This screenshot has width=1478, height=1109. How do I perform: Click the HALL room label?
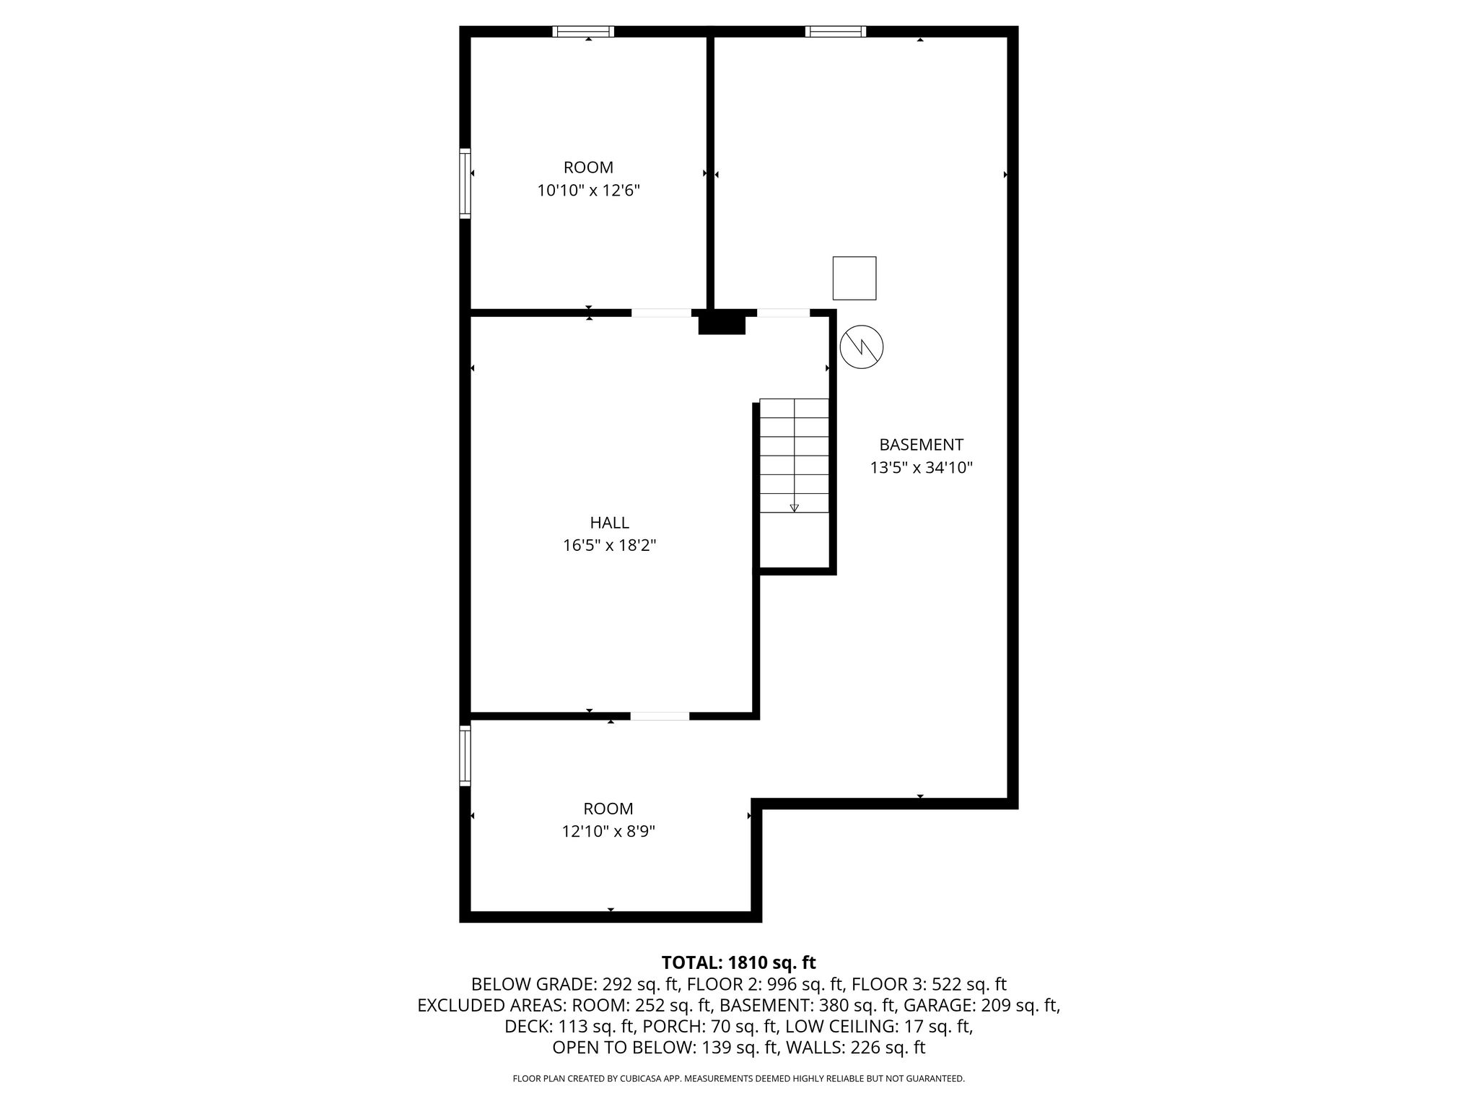(x=609, y=522)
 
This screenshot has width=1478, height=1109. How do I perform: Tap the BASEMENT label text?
(x=921, y=444)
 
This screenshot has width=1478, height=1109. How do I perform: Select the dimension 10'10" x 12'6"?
(x=588, y=191)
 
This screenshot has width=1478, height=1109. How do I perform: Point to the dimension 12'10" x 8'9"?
(x=608, y=832)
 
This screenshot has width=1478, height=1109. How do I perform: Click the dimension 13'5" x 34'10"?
(x=921, y=468)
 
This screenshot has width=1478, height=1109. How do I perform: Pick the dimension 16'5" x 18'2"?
(x=609, y=545)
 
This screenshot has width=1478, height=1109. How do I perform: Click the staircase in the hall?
(x=794, y=456)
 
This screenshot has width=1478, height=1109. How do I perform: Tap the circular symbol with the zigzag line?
(x=862, y=347)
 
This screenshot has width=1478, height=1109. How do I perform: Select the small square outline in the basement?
(x=854, y=278)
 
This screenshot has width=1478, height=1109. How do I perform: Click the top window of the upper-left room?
(x=583, y=31)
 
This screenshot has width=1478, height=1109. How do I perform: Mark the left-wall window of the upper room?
(x=465, y=183)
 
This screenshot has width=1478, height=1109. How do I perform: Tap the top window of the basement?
(x=836, y=31)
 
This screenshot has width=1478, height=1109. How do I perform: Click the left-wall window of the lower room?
(x=465, y=755)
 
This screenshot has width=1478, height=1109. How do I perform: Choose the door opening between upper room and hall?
(x=661, y=313)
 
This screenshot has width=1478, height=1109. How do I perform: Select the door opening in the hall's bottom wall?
(x=660, y=716)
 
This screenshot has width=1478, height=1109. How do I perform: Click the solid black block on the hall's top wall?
(x=722, y=322)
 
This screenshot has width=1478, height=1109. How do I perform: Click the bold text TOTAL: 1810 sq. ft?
(x=738, y=962)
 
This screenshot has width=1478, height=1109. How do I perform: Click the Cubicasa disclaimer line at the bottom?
(x=738, y=1079)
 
